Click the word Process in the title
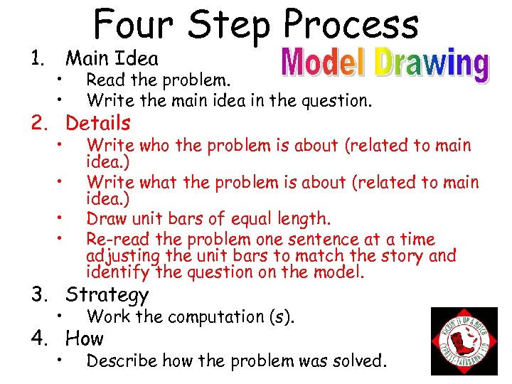[x=351, y=25]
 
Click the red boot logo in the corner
[x=464, y=340]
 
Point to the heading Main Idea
[x=112, y=58]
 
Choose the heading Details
[x=98, y=123]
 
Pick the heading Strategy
[x=107, y=294]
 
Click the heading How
[x=84, y=338]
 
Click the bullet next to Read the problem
[x=63, y=78]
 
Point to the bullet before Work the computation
[x=63, y=314]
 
